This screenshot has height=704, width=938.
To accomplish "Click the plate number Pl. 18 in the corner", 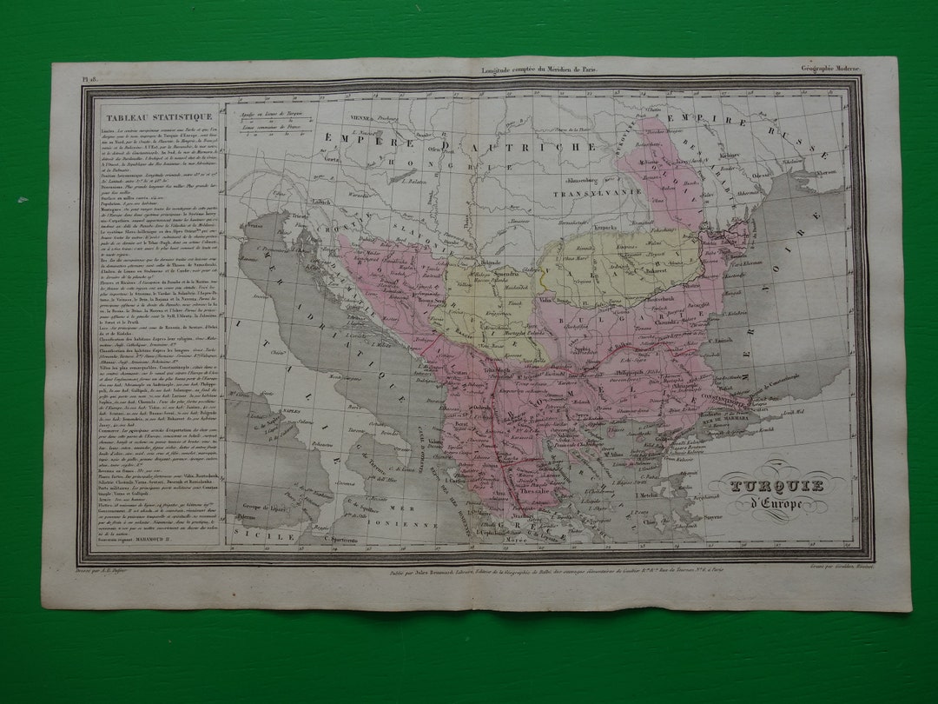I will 89,78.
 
